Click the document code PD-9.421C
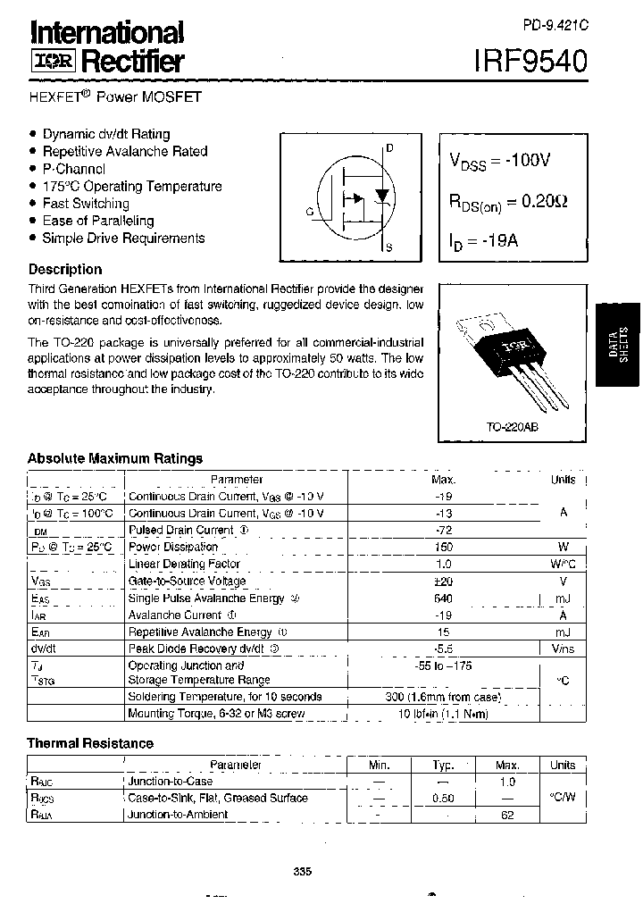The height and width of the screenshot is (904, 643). click(555, 27)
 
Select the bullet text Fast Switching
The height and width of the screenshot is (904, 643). click(86, 204)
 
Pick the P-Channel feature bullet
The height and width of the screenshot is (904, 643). click(74, 169)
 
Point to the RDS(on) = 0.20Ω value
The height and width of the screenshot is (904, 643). click(507, 203)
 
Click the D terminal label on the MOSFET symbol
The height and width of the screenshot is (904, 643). click(390, 148)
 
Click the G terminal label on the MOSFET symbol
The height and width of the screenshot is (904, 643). click(309, 212)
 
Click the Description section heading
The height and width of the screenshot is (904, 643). click(65, 269)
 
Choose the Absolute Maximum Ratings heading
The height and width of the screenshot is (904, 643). click(115, 458)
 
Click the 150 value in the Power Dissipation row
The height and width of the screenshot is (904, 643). click(443, 547)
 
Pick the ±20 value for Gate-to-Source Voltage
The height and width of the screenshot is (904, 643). click(444, 581)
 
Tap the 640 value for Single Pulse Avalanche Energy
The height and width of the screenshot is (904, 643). click(443, 598)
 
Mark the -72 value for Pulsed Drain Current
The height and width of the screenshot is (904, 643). click(444, 530)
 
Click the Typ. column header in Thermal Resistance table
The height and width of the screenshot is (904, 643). click(444, 766)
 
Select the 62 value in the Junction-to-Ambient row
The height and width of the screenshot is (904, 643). click(507, 815)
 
